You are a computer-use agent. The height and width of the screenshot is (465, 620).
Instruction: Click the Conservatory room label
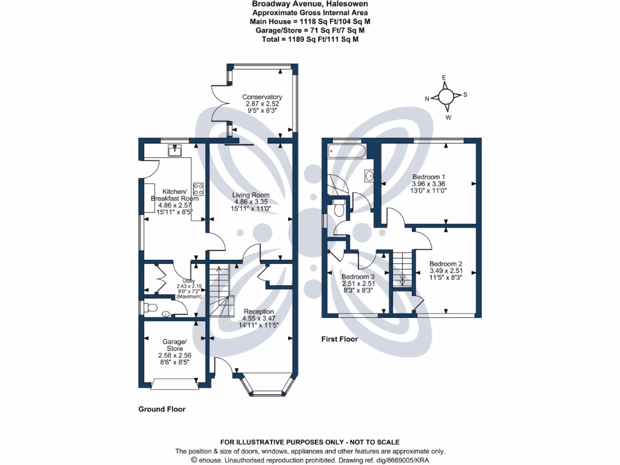pos(262,97)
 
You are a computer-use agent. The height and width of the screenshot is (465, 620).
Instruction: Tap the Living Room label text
pos(251,195)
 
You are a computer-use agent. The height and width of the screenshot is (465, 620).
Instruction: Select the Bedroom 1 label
pos(429,177)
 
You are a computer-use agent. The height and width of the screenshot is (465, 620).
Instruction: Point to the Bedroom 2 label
pos(446,264)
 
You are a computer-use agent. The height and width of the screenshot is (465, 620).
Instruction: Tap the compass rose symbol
pos(446,97)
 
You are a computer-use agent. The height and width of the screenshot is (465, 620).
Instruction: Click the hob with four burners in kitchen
pos(198,188)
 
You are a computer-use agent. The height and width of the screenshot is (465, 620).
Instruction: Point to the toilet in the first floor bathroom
pos(339,209)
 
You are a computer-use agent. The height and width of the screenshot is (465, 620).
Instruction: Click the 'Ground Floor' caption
pos(162,409)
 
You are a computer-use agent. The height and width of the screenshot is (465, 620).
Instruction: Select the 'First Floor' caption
pos(339,340)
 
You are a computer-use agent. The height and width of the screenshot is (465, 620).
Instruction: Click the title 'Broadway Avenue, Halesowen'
pos(310,4)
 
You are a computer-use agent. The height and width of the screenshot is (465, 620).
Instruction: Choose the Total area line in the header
pos(310,38)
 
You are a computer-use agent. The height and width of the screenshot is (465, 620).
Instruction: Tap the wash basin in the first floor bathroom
pos(370,176)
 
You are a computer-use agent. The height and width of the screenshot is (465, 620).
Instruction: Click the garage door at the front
pos(174,383)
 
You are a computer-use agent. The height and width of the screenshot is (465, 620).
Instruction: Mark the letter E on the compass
pos(444,77)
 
